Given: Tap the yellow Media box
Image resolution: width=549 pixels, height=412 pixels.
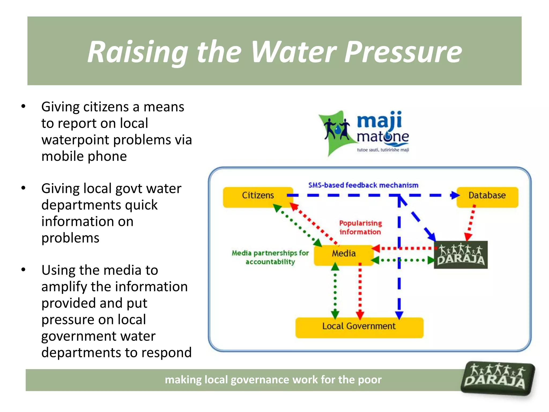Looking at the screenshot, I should (x=344, y=255).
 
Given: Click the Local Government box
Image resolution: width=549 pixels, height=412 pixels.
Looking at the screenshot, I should (x=359, y=328).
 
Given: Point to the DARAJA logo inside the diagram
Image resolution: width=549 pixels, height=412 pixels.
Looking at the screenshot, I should (x=461, y=255).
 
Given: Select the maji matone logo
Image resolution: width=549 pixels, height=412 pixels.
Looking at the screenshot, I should (x=365, y=133).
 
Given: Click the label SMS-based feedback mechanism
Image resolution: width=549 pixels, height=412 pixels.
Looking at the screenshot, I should (x=363, y=185).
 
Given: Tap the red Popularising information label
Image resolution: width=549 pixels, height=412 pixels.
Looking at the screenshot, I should (x=360, y=227).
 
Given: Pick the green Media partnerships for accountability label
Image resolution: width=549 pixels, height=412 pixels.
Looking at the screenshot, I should (x=270, y=257).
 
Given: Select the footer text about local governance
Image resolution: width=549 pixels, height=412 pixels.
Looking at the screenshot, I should (x=273, y=380).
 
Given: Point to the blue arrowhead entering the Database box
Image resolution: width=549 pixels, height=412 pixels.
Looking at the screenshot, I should (x=455, y=195).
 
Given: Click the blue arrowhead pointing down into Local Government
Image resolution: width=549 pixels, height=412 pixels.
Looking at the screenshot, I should (x=399, y=315).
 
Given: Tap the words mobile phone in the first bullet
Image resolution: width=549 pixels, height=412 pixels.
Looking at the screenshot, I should (x=84, y=156).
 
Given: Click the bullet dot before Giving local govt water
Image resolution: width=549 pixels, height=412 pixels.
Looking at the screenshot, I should (x=24, y=188).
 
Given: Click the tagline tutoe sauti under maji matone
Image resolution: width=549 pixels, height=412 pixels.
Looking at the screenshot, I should (x=383, y=150).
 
